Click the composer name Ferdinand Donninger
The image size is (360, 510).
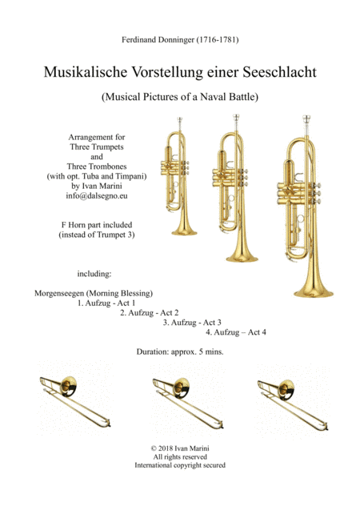click(180, 38)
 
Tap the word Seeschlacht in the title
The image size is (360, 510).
click(280, 71)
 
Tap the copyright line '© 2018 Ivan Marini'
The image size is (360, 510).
click(180, 447)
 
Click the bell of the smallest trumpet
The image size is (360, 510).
click(186, 224)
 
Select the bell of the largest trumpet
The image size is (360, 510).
click(313, 284)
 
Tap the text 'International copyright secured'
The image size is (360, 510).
click(180, 465)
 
